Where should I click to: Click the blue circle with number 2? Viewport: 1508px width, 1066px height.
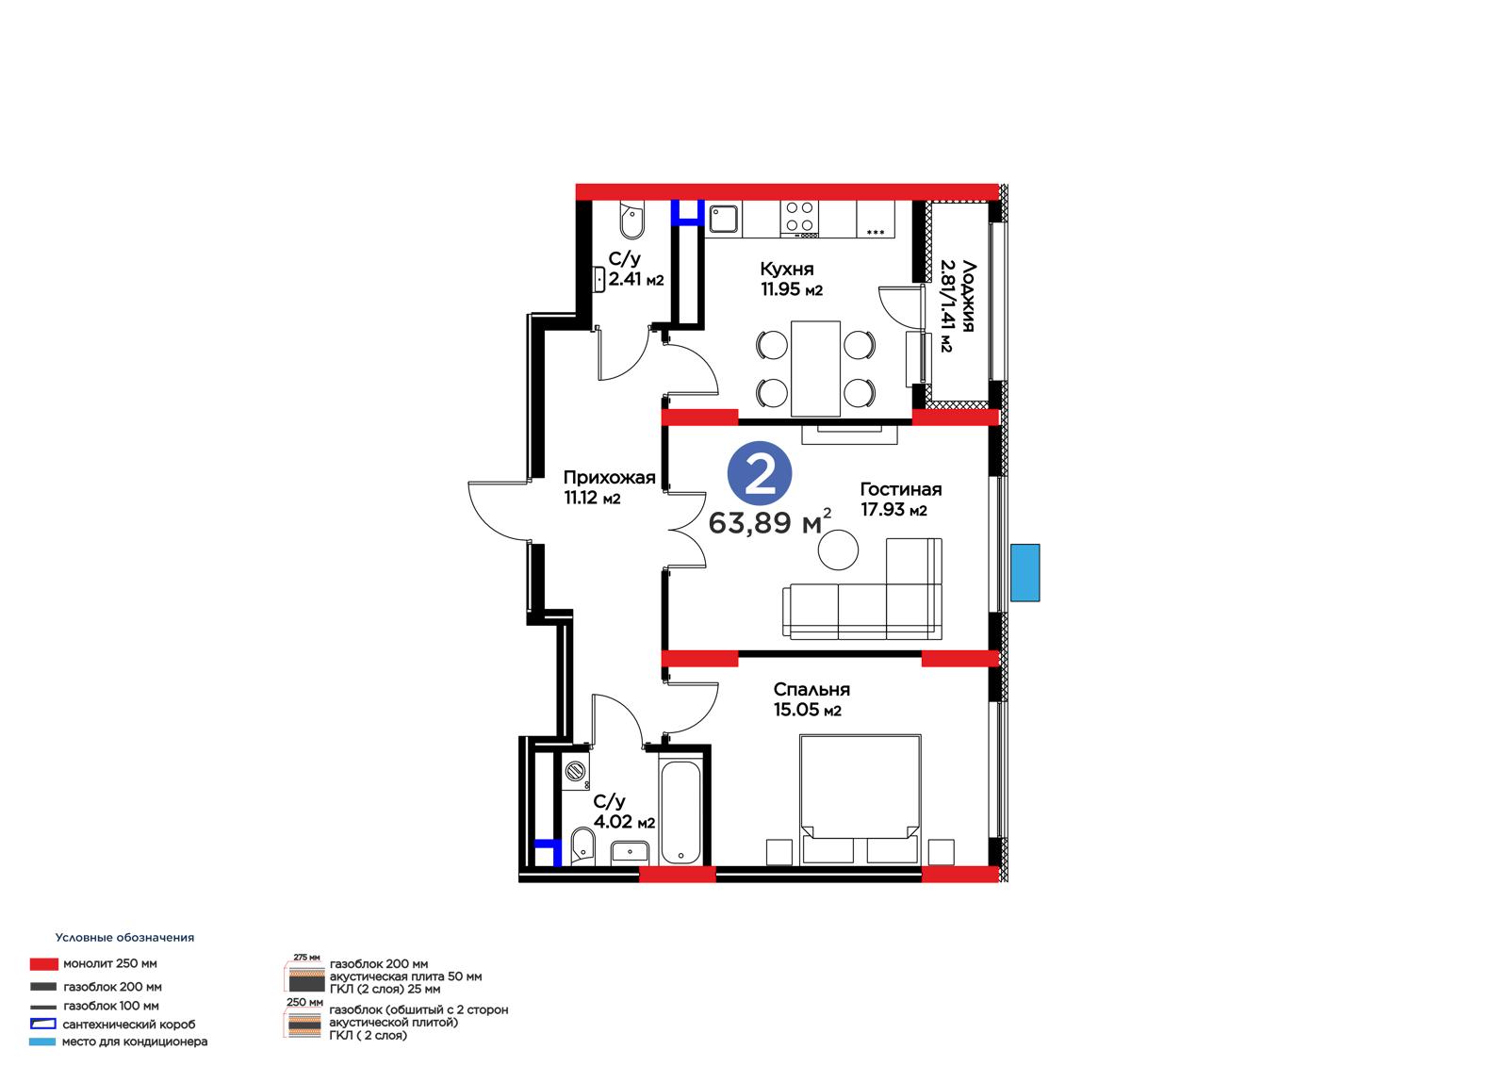pos(760,473)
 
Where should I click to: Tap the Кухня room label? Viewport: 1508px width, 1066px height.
pos(786,269)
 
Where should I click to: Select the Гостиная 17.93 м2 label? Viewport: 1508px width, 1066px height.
pos(900,499)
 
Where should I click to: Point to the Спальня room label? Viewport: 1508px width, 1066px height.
pos(811,689)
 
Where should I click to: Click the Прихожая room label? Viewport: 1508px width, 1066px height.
pos(609,478)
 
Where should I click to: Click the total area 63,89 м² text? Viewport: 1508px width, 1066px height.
pos(769,522)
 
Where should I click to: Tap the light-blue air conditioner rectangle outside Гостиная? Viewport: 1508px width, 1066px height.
pos(1024,572)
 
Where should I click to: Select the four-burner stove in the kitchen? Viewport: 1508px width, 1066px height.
pos(800,219)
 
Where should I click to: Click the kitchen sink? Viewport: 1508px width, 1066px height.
pos(724,219)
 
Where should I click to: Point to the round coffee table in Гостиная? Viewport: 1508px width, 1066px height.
pos(838,549)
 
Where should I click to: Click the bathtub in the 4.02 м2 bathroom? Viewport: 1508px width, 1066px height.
pos(680,812)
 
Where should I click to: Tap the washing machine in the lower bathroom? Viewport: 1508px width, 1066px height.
pos(575,772)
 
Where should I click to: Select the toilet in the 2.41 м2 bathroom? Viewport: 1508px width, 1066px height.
pos(632,221)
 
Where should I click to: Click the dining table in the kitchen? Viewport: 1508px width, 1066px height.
pos(815,369)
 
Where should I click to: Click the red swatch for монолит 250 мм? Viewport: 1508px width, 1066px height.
pos(43,963)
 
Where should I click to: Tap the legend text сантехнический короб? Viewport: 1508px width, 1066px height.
pos(128,1025)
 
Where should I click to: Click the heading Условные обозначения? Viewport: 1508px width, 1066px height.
pos(124,938)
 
